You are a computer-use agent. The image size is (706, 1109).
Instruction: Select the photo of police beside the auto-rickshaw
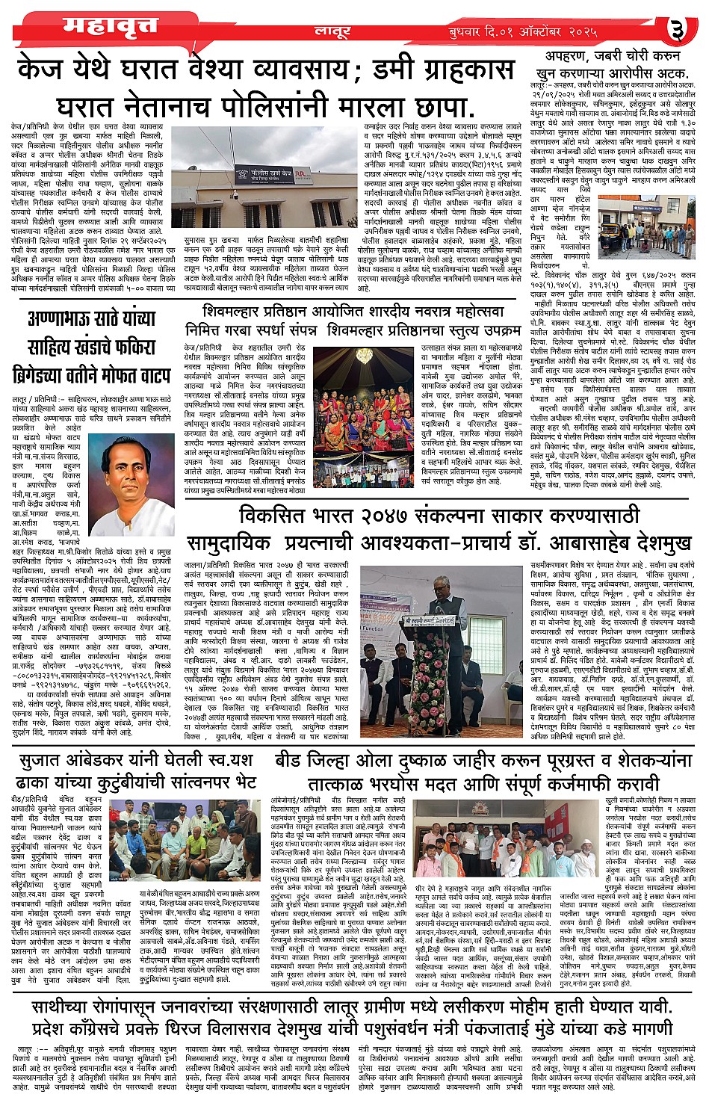647,229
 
